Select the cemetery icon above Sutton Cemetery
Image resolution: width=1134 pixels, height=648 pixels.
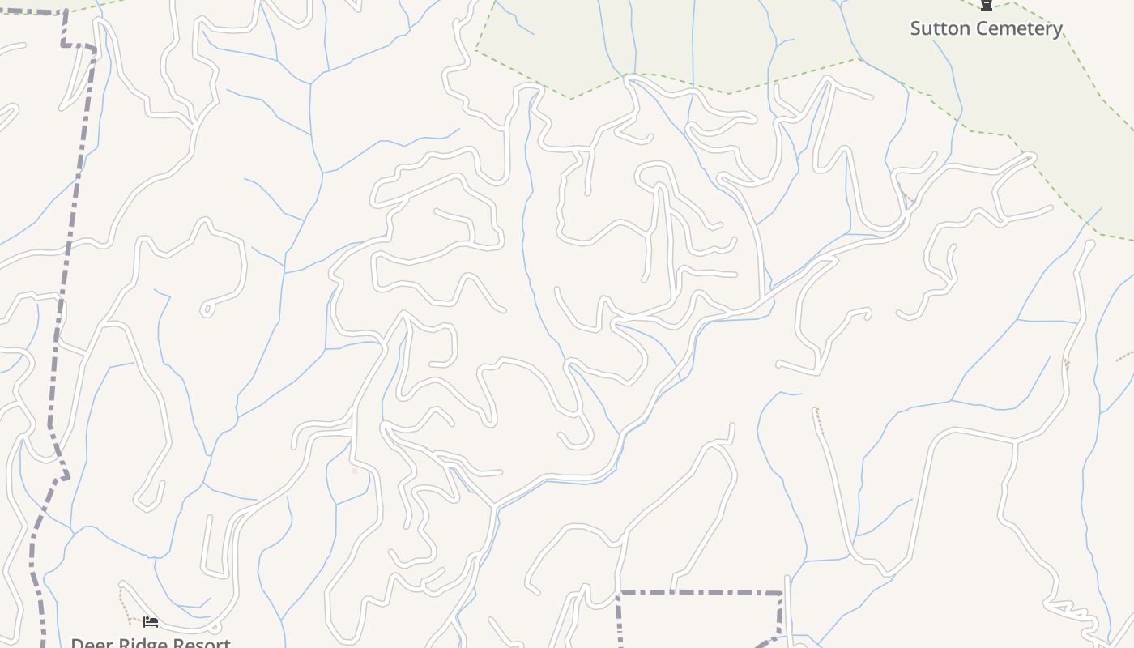point(986,5)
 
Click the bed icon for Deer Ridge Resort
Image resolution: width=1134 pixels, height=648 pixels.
point(150,621)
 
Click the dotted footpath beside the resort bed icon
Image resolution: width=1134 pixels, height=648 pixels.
point(123,606)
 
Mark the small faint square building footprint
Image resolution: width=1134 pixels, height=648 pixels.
point(354,471)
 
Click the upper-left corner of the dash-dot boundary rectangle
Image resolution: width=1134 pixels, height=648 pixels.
point(619,594)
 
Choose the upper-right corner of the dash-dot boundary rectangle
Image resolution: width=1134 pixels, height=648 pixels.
point(782,594)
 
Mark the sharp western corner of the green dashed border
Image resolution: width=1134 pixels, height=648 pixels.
point(476,51)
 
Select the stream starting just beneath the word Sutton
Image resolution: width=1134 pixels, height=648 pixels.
point(944,53)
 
